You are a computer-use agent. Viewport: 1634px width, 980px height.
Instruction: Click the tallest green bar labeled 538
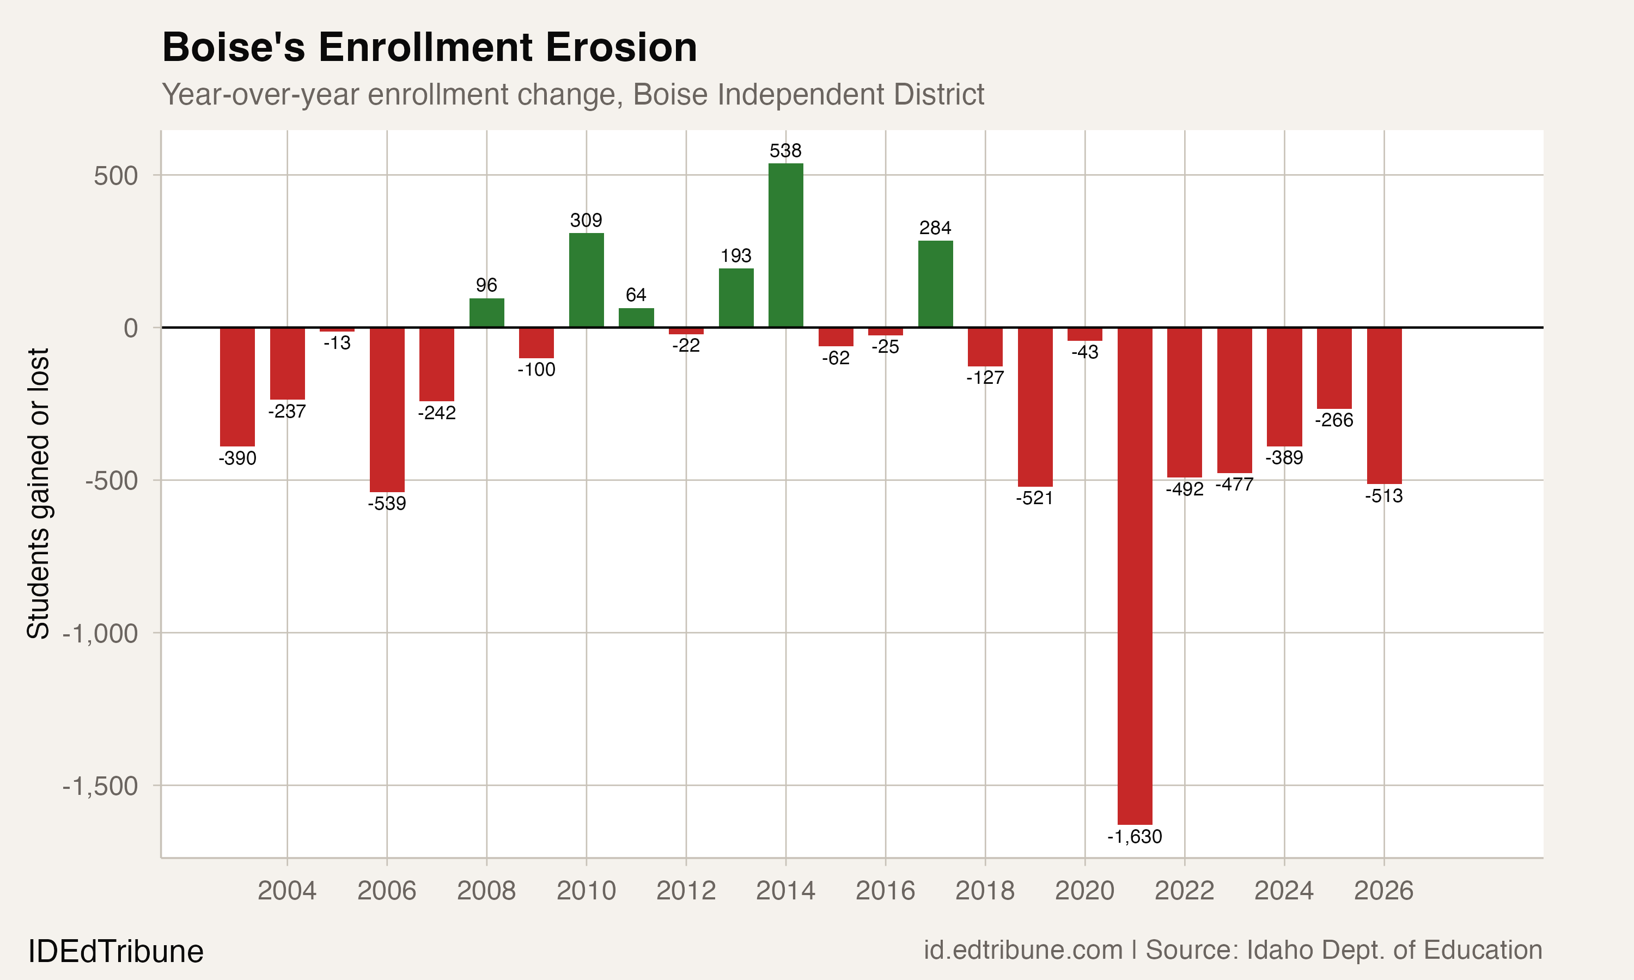tap(785, 245)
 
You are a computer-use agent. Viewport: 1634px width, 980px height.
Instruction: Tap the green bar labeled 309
tap(586, 280)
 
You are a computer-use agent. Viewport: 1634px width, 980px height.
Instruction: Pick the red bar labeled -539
tap(387, 409)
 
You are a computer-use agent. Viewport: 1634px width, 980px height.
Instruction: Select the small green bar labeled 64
tap(636, 317)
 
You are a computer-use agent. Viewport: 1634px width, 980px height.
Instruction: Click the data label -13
tap(337, 344)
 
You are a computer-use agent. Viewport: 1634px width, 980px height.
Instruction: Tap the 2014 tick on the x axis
tap(785, 891)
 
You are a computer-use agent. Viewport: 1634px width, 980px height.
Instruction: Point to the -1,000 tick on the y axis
tap(100, 633)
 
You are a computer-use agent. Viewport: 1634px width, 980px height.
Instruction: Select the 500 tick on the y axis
tap(115, 176)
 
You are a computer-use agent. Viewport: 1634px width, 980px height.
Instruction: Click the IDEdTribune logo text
tap(115, 952)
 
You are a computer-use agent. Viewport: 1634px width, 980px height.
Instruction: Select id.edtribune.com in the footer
tap(1022, 950)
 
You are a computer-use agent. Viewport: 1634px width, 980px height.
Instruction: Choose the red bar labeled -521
tap(1035, 407)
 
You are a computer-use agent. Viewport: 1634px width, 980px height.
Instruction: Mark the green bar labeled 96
tap(487, 313)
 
